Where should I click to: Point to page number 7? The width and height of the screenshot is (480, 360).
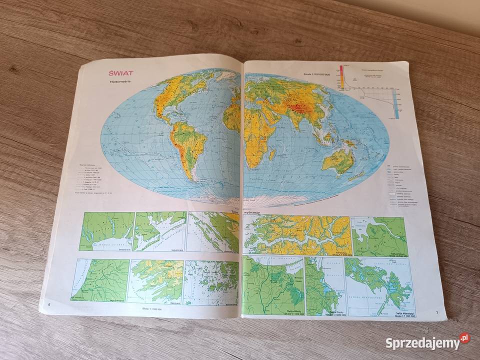coord(436,313)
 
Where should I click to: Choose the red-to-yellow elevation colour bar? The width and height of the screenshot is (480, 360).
coord(341,77)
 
